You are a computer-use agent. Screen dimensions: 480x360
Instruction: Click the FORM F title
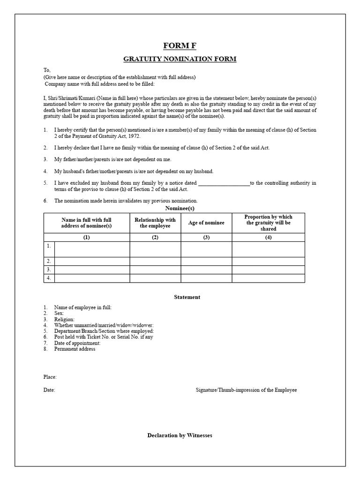point(180,45)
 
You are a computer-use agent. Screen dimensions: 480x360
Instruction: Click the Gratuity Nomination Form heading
point(180,59)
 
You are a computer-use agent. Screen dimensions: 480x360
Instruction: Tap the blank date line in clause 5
point(224,183)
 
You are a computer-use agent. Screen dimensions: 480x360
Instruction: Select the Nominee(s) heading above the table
point(180,208)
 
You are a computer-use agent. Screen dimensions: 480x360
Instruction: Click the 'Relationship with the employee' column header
point(155,223)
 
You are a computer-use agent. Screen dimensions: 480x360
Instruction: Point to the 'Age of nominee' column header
point(206,223)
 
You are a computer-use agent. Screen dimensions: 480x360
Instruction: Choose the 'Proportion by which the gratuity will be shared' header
point(268,223)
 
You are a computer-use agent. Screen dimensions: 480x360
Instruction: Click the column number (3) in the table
point(206,237)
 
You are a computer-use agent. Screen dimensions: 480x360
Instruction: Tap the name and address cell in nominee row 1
point(92,249)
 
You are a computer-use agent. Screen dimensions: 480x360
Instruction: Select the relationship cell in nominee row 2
point(155,261)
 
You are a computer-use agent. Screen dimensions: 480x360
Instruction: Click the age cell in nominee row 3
point(206,270)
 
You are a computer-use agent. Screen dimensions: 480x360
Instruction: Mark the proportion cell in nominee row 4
point(268,278)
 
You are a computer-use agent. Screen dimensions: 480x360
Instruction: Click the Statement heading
point(187,297)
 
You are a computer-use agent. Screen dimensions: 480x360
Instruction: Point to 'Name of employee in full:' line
point(82,307)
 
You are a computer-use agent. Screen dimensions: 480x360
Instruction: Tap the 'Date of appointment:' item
point(77,343)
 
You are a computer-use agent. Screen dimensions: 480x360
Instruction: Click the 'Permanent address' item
point(75,349)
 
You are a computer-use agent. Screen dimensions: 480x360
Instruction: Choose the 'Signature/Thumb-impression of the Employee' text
point(246,390)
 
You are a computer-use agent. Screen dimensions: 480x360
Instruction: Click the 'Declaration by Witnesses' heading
point(180,435)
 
